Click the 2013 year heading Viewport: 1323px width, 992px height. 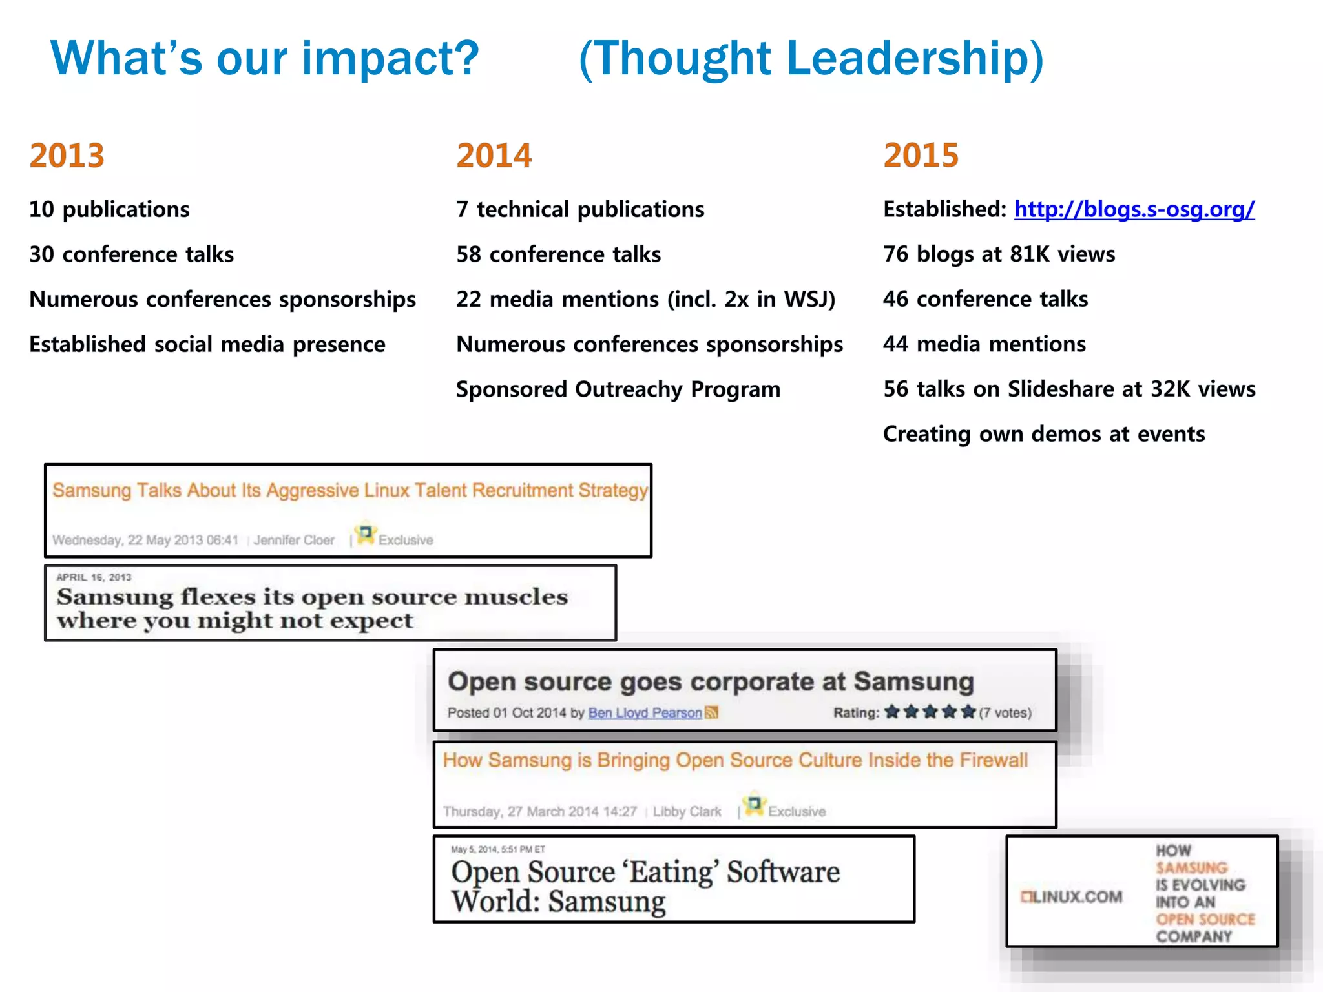pos(67,156)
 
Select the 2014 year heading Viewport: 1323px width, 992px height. pos(494,156)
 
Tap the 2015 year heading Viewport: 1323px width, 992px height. pos(921,156)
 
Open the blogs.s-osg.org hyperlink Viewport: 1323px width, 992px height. pos(1134,209)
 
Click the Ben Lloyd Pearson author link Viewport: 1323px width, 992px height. pos(644,712)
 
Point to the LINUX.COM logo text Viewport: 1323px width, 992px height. pos(1072,896)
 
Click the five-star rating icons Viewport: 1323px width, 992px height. pos(930,712)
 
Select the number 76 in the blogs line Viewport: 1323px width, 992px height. pos(896,254)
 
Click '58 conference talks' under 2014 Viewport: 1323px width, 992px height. pos(558,254)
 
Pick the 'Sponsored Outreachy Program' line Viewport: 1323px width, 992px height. pos(618,389)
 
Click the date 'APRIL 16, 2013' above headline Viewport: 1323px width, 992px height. pos(94,577)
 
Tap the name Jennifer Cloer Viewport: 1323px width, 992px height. pos(294,540)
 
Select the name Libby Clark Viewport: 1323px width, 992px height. pos(687,811)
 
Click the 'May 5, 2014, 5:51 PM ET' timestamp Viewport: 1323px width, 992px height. pos(497,849)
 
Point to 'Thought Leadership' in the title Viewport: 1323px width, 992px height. pos(811,58)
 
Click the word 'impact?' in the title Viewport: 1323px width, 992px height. pos(390,58)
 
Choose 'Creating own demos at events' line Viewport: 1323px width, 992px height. pos(1043,434)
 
